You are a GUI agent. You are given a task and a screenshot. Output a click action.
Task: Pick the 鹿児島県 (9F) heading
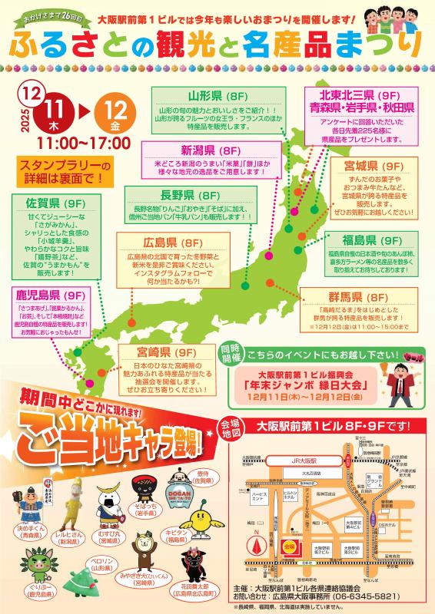coord(49,295)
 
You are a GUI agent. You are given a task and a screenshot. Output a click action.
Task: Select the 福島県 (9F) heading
coord(368,239)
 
